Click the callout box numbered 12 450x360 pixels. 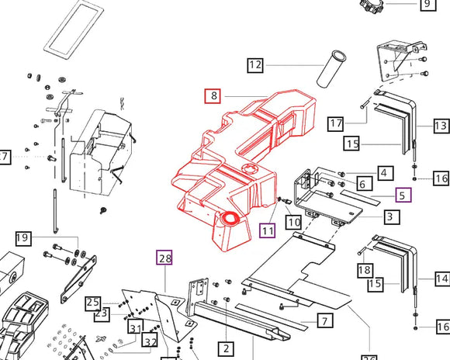click(255, 65)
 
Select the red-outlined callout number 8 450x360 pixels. click(213, 97)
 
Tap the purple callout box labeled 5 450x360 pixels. click(403, 196)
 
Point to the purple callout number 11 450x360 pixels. click(268, 230)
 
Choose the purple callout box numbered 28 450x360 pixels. click(164, 258)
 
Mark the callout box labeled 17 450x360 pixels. click(335, 123)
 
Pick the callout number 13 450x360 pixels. click(441, 126)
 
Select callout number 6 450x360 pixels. click(362, 184)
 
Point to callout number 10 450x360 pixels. click(293, 223)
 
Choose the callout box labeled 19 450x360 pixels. click(22, 237)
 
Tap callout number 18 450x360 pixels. click(365, 270)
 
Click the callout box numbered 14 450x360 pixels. click(441, 279)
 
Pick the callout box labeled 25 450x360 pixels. click(93, 303)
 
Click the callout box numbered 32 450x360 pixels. click(151, 341)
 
